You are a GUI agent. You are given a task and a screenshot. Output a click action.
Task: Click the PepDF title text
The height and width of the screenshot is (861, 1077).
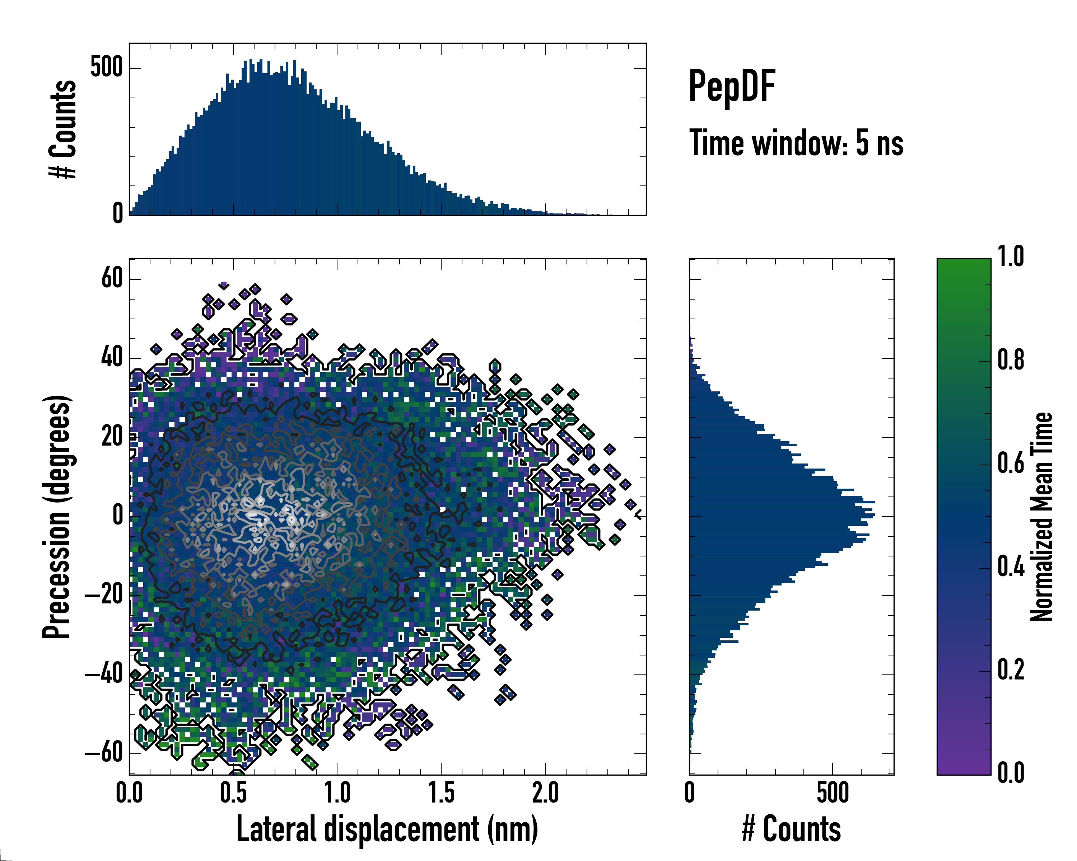731,86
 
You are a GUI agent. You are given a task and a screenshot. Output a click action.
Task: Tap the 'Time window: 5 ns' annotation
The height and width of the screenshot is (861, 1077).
796,143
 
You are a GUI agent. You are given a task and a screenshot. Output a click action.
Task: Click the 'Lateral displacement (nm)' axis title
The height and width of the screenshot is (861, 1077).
387,829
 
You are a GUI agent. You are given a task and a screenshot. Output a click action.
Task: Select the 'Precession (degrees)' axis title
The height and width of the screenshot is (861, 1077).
56,517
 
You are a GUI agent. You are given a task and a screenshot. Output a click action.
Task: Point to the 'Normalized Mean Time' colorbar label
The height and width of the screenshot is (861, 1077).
1041,517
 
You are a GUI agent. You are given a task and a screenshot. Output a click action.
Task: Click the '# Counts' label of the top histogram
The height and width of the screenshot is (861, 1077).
63,129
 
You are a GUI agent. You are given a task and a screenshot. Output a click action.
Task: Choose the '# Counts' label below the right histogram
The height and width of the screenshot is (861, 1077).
791,829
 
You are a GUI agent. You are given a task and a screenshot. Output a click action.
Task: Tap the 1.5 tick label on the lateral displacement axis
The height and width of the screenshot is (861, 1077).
442,792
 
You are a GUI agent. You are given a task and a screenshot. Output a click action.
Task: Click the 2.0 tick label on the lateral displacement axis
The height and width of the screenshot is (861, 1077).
545,792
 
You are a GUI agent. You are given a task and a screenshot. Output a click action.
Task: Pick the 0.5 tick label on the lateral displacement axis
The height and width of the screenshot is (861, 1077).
233,792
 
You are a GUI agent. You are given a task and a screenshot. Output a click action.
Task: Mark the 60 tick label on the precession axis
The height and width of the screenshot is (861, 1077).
112,278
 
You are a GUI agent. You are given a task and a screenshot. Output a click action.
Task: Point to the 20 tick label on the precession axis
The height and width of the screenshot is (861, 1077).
112,437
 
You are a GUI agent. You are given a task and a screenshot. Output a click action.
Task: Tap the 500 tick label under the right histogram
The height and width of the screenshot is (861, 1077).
833,792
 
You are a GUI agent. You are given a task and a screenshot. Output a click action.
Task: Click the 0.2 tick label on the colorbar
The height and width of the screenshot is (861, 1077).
1011,670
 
